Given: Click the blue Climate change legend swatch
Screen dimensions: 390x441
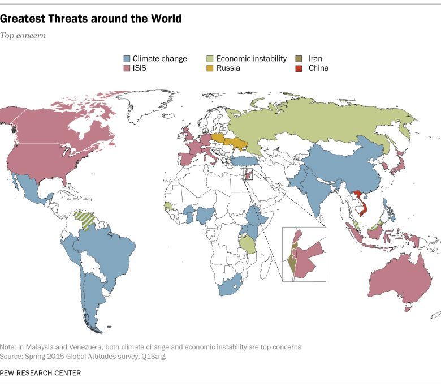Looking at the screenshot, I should point(127,58).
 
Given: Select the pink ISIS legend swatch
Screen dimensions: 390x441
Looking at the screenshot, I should point(127,68).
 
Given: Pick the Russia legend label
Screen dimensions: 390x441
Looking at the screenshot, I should point(228,68).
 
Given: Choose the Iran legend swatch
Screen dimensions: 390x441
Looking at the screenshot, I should point(299,58).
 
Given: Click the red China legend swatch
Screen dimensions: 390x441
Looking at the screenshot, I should point(299,68).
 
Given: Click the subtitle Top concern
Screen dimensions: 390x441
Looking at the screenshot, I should point(23,35).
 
